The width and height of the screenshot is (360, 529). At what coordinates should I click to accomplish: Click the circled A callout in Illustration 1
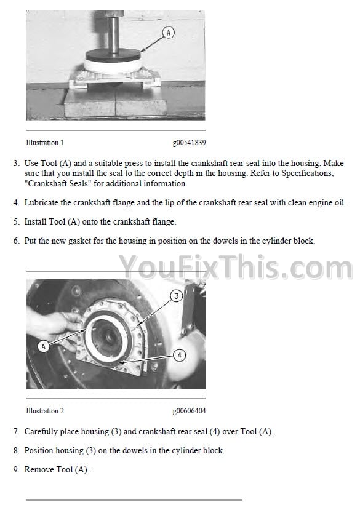click(x=169, y=33)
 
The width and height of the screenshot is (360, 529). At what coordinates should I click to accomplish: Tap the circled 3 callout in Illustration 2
click(x=176, y=296)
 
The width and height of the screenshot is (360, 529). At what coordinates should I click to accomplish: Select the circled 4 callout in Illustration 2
click(x=179, y=356)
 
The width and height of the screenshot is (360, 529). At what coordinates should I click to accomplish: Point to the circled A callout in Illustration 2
click(x=43, y=346)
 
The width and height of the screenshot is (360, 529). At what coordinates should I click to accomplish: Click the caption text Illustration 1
click(x=44, y=143)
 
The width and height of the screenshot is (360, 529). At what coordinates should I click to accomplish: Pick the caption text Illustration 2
click(x=44, y=411)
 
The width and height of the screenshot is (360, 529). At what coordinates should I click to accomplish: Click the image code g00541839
click(x=189, y=143)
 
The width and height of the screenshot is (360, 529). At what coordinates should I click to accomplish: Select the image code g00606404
click(x=189, y=411)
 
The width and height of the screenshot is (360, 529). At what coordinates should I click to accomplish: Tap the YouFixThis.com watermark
click(x=236, y=268)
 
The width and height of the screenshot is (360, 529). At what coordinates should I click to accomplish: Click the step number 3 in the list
click(x=16, y=163)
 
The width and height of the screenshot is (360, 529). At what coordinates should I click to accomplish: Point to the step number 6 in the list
click(x=16, y=241)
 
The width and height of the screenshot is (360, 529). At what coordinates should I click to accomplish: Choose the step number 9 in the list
click(x=16, y=469)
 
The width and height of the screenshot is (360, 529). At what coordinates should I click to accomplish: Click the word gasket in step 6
click(x=79, y=241)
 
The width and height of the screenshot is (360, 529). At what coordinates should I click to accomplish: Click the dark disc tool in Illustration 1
click(x=113, y=55)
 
